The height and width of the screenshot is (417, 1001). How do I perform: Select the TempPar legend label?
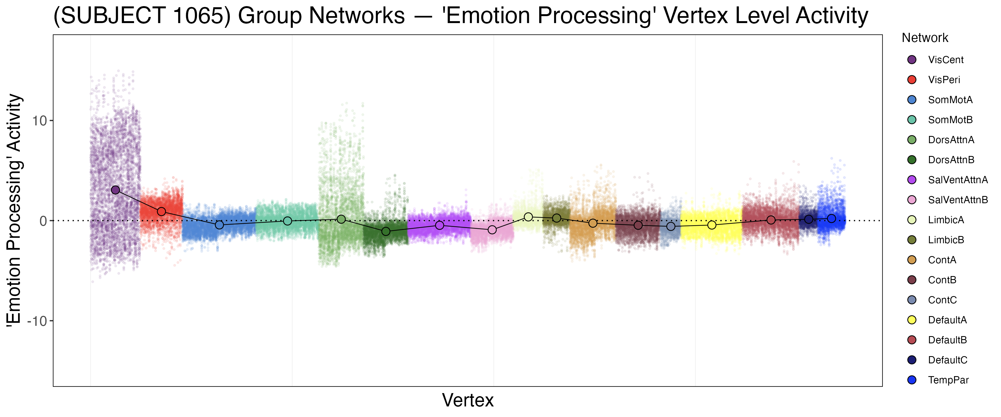tap(948, 380)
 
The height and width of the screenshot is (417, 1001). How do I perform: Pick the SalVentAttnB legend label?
tap(957, 200)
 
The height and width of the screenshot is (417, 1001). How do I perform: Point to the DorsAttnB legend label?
tap(951, 160)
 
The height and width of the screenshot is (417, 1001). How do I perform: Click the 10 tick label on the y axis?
tap(39, 121)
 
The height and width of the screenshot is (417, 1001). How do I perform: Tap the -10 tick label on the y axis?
tap(37, 321)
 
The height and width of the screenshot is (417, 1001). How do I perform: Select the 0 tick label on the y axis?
tap(43, 221)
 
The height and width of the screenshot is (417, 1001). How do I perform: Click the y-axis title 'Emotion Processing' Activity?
tap(14, 210)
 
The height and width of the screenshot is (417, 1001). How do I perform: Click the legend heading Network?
tap(925, 38)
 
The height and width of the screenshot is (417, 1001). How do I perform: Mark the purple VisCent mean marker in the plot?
tap(115, 190)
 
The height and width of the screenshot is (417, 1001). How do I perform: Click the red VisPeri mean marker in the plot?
tap(162, 211)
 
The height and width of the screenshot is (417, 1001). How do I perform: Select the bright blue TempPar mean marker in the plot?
tap(831, 219)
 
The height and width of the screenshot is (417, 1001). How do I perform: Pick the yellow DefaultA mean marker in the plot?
tap(712, 225)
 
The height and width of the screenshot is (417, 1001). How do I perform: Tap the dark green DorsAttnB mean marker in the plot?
tap(386, 232)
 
